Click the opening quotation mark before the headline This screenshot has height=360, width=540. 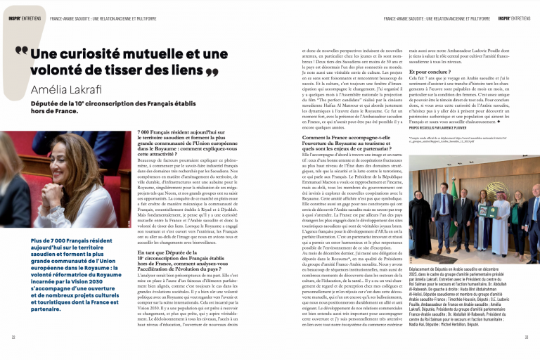tap(21, 51)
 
